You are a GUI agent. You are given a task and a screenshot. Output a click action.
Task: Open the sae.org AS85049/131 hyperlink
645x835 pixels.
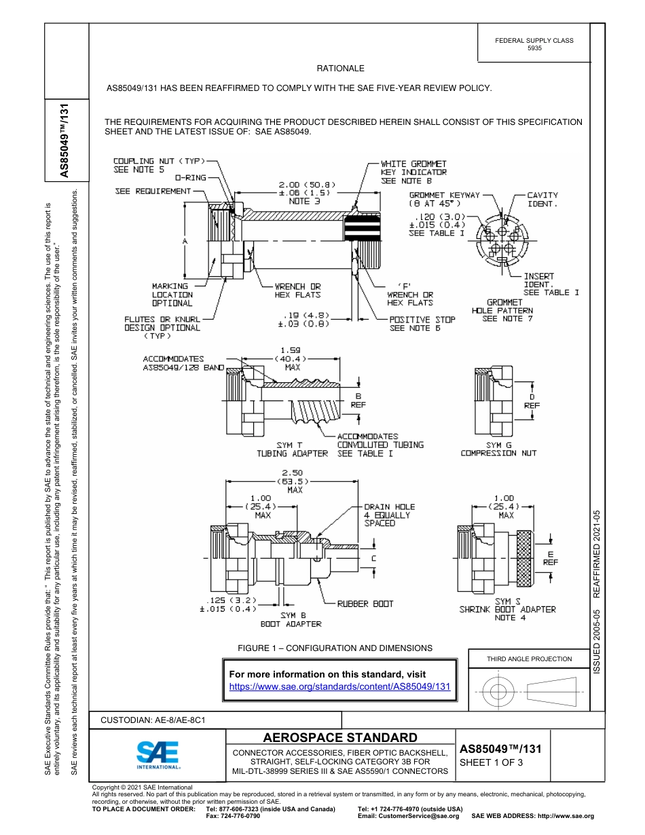coord(340,686)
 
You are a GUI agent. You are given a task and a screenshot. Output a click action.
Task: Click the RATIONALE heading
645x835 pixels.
coord(340,69)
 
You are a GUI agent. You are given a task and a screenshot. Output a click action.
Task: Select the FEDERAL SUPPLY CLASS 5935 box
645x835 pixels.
coord(534,44)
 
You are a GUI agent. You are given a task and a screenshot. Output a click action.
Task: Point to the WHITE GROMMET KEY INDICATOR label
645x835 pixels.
coord(413,172)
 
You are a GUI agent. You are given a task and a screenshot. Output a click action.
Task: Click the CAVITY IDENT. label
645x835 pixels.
coord(542,200)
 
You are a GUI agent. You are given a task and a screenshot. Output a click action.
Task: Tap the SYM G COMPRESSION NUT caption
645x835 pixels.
coord(498,449)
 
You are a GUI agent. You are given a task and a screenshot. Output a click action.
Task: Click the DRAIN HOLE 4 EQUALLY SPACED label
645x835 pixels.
coord(389,515)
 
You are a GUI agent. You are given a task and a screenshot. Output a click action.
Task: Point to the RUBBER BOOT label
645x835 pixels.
coord(365,604)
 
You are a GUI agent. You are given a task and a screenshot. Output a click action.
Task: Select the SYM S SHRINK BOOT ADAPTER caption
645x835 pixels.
coord(507,609)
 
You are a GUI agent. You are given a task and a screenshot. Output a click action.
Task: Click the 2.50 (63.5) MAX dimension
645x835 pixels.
coord(295,481)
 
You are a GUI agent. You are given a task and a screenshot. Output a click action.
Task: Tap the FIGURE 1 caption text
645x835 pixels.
coord(335,648)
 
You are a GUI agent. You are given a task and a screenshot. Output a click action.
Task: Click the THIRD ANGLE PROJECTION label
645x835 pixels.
coord(529,658)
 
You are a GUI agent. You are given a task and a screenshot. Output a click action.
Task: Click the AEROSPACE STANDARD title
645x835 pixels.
coord(340,738)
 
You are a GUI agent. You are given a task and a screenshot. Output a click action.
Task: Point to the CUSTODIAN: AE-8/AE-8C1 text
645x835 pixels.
coord(153,719)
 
